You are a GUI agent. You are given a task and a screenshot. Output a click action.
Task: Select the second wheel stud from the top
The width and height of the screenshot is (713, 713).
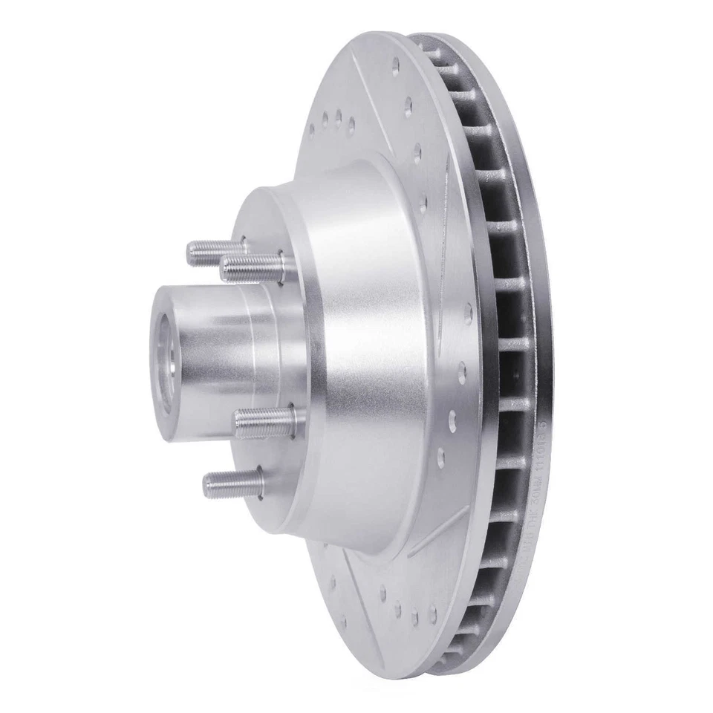tap(251, 267)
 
